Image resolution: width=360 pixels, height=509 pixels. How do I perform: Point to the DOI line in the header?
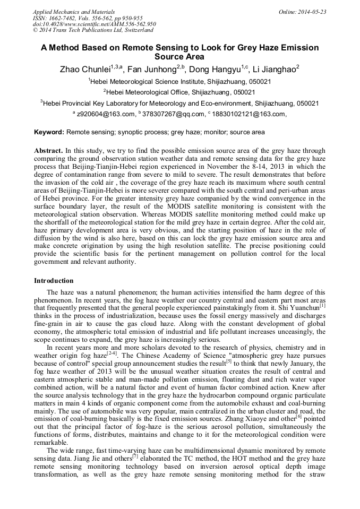95,24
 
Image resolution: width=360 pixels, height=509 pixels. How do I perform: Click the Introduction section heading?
54,280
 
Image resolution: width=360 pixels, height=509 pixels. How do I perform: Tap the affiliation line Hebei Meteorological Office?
179,92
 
